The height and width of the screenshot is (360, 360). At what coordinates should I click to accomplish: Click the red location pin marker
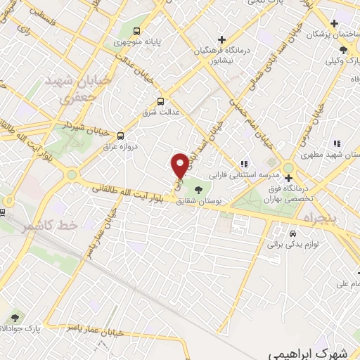181,165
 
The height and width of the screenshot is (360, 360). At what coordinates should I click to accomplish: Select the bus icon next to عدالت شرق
160,101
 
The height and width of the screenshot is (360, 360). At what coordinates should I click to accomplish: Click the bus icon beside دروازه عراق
121,136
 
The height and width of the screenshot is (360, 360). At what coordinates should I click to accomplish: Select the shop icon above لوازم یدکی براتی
293,233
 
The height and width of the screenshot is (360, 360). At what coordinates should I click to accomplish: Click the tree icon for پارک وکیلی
343,49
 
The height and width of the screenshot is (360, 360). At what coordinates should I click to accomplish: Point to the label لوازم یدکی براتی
290,245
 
